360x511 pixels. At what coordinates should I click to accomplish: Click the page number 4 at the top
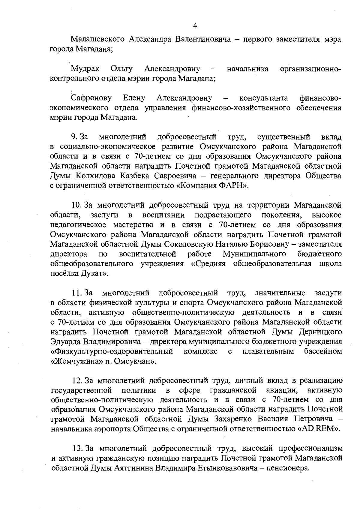click(x=195, y=26)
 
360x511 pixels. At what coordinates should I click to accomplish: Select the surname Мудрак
click(x=85, y=69)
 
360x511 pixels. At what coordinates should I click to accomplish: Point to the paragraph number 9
click(x=75, y=137)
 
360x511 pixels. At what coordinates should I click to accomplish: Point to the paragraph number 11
click(x=77, y=293)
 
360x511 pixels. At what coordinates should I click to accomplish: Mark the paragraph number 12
click(x=78, y=380)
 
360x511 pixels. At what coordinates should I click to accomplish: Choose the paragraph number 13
click(x=78, y=448)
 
